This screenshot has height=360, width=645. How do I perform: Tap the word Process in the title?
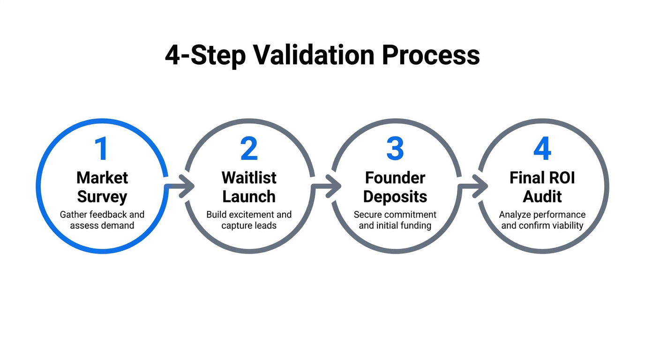coord(430,55)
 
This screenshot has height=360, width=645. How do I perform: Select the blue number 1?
coord(101,149)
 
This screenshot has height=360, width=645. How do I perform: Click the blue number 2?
coord(249,149)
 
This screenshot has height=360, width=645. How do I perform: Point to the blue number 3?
coord(395,149)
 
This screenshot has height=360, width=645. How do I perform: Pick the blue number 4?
coord(542,149)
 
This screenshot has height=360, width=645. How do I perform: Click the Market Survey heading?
coord(102,187)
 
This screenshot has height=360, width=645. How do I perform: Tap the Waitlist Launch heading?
coord(249,187)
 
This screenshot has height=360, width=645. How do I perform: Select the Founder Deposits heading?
coord(395,187)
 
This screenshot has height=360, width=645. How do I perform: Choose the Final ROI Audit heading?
coord(542,187)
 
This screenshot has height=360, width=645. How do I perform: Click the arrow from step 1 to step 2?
coord(180,187)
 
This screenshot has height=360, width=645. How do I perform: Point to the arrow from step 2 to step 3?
coord(327,187)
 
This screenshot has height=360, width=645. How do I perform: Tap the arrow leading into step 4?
coord(473,187)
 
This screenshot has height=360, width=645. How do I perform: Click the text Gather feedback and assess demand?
coord(102,220)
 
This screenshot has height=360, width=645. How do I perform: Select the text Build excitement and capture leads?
coord(249,220)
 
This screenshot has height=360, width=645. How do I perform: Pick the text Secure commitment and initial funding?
coord(395,220)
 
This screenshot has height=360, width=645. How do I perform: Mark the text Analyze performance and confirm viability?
coord(542,220)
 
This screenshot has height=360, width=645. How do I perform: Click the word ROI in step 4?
coord(560,178)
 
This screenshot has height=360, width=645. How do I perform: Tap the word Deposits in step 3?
coord(395,197)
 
